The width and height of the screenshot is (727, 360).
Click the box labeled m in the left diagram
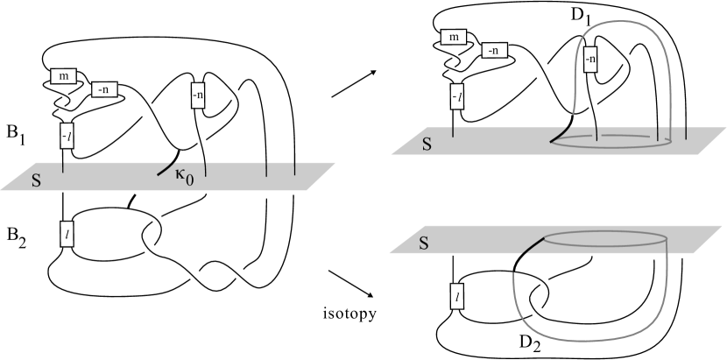tap(67, 76)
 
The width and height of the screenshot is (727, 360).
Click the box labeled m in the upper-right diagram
tap(453, 37)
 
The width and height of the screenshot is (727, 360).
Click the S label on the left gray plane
tap(30, 182)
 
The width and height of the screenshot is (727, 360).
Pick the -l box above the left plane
tap(66, 136)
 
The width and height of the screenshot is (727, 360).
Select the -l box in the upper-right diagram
tap(455, 95)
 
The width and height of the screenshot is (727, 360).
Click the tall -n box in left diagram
tap(197, 91)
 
